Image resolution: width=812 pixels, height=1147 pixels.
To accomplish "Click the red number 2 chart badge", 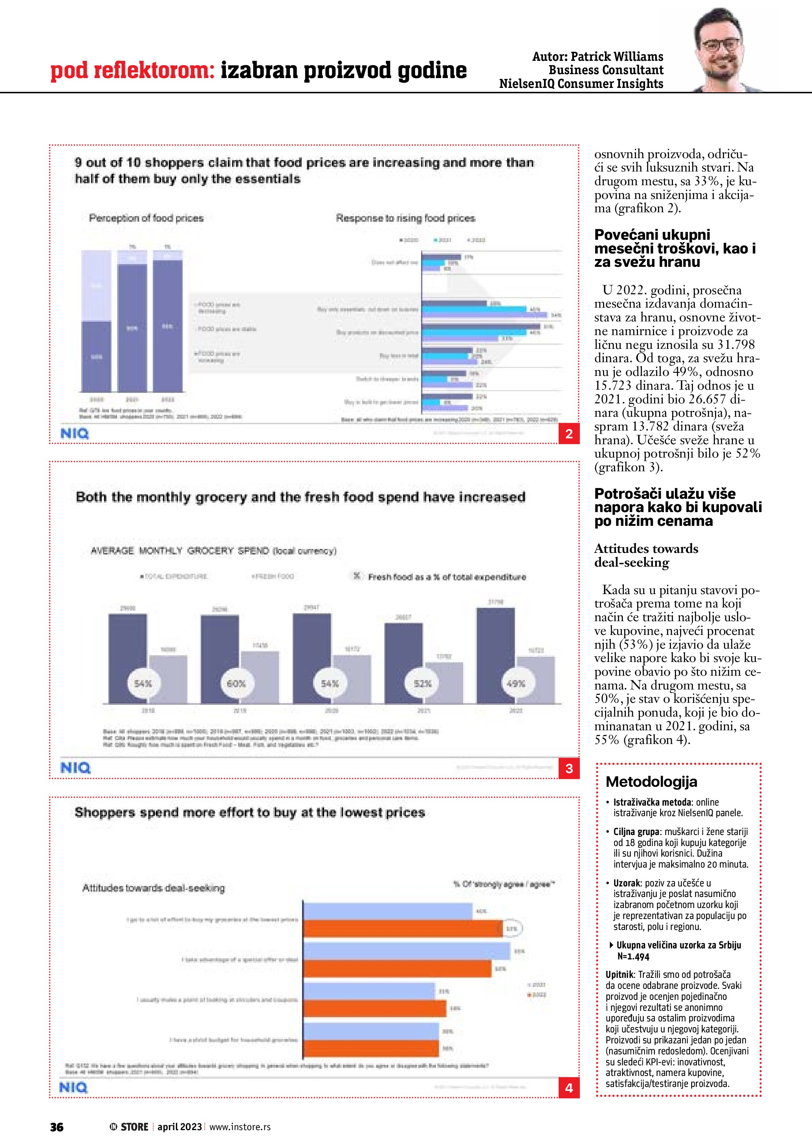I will coord(568,434).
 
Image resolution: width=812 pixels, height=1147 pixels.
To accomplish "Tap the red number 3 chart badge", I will coord(568,768).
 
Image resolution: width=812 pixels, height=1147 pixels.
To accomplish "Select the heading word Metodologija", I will coord(651,782).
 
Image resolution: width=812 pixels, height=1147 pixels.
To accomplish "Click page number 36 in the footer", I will coord(57,1127).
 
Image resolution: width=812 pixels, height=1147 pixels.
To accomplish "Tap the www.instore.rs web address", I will coord(240,1127).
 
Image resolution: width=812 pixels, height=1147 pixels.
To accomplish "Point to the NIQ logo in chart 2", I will coord(74,434).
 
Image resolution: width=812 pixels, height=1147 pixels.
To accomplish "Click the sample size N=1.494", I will coord(633,957).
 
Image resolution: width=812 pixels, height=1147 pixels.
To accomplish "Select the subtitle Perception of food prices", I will coord(146,218).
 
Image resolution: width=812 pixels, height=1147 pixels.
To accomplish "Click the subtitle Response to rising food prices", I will coord(405,218).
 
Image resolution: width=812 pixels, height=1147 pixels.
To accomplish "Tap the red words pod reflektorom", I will coord(132,71).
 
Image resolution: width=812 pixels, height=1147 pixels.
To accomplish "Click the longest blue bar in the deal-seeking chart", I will coord(407,951).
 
